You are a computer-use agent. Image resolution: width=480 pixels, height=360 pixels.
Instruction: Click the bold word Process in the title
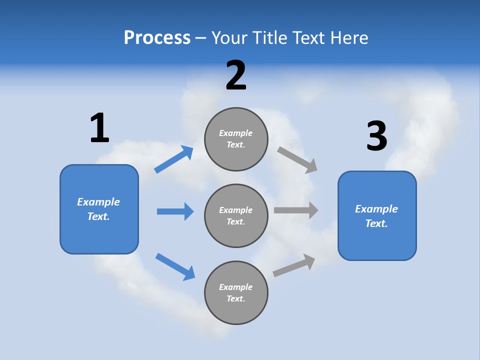157,37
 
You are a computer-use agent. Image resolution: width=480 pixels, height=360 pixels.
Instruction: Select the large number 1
99,128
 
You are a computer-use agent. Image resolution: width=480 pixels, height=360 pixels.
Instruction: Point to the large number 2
236,75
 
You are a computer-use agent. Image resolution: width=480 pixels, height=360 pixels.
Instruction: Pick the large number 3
376,136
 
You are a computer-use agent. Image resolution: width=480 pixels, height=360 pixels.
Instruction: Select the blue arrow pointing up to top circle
174,159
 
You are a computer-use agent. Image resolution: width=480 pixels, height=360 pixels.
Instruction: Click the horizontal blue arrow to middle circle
175,211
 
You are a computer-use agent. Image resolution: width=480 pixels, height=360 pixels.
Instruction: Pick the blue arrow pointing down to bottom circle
175,266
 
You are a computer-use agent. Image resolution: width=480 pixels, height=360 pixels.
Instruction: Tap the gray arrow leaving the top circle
297,159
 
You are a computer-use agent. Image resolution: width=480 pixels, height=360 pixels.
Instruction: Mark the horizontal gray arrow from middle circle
296,210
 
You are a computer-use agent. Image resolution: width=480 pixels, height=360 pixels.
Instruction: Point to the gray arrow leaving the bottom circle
294,265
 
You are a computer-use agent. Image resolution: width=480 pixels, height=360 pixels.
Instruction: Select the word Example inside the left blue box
98,202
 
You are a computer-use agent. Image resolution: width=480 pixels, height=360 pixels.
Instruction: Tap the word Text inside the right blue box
376,223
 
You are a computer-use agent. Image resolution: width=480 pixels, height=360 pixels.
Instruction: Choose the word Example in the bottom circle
236,287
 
